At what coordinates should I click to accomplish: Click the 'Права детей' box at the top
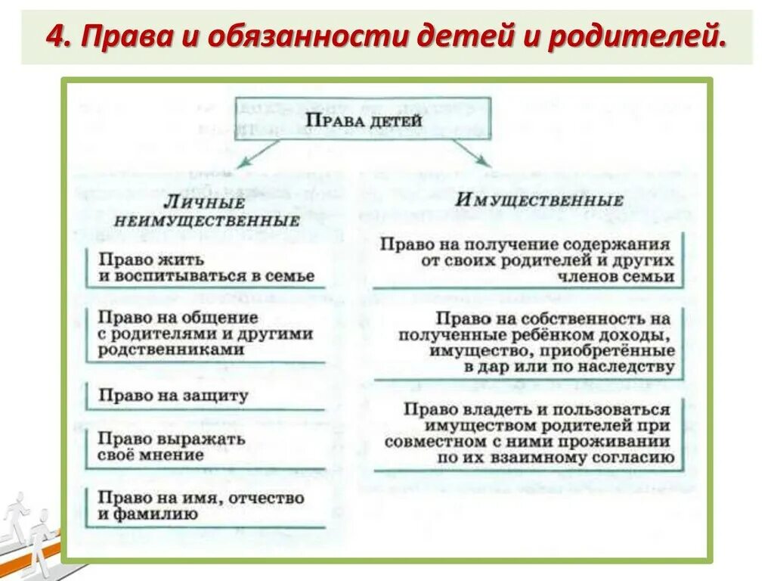coord(363,119)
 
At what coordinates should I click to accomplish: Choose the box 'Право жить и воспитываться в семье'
coord(206,267)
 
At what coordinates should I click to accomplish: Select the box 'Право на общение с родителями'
coord(206,334)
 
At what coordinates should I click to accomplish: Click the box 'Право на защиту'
coord(206,396)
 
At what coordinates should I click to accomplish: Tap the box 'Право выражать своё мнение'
coord(206,447)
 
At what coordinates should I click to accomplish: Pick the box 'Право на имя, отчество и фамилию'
coord(206,506)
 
